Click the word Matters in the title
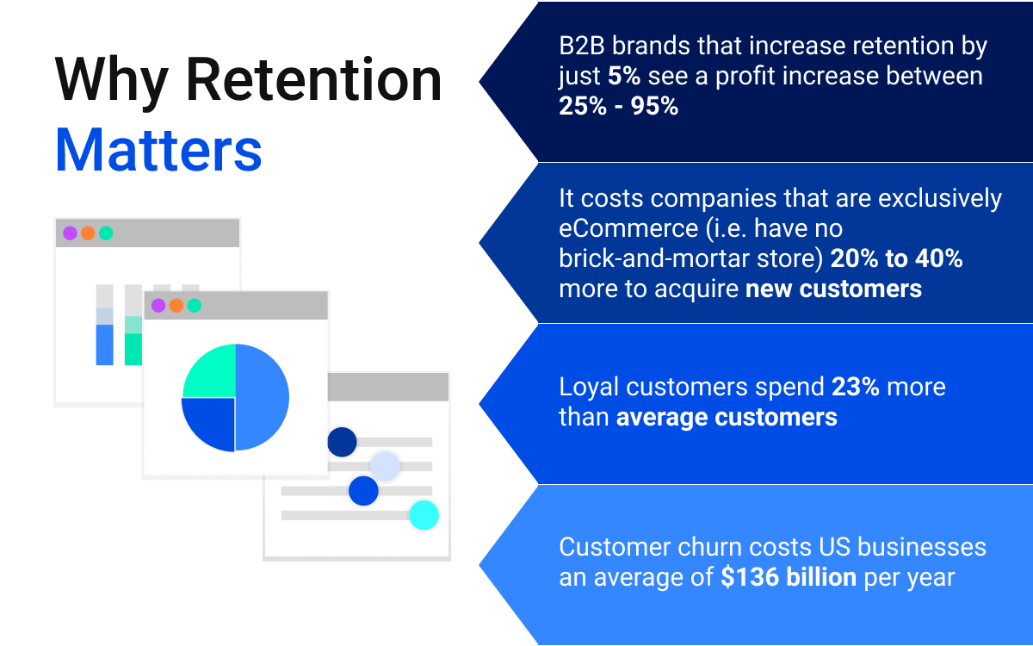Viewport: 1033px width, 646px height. point(158,151)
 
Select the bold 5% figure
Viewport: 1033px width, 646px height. point(624,76)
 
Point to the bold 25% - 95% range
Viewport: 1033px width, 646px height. point(618,106)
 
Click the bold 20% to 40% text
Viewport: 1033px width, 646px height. point(896,258)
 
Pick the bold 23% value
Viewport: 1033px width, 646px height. point(856,387)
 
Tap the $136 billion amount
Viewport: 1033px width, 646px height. point(789,577)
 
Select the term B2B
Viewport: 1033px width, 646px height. point(582,46)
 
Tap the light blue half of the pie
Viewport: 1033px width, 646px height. point(262,397)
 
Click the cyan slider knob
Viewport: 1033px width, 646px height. point(424,515)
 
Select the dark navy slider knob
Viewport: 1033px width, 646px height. point(342,442)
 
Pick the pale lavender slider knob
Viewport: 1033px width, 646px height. point(385,467)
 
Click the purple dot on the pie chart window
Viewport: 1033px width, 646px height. point(158,306)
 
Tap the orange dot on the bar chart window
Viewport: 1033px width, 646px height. point(88,233)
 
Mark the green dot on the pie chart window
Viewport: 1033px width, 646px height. point(195,306)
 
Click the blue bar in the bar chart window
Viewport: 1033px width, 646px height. point(105,345)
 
